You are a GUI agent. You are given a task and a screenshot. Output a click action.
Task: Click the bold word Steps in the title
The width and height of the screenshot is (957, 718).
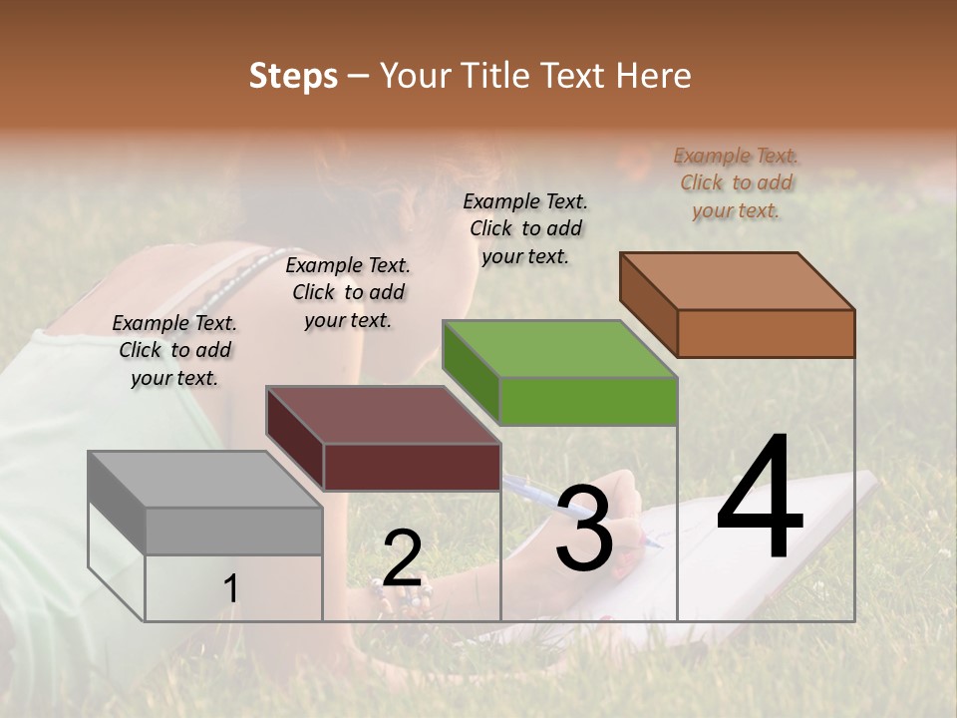(x=293, y=76)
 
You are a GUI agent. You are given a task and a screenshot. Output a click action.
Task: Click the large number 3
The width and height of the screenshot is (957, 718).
(x=584, y=529)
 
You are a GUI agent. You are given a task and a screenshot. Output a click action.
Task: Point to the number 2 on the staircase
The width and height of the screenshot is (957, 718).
(x=402, y=558)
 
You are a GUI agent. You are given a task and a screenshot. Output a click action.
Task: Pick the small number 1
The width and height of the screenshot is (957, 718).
(x=231, y=589)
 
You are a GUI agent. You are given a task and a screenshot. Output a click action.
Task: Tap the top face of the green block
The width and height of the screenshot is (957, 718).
(x=559, y=349)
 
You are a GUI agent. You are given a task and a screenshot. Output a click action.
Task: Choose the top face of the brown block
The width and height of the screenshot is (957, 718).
(x=737, y=280)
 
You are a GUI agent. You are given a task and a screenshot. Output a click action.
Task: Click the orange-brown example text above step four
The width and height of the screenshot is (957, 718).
(x=736, y=182)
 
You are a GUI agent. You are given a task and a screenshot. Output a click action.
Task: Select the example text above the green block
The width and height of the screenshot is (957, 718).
(x=525, y=228)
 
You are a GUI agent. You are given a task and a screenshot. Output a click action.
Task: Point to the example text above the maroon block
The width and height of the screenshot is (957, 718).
(x=348, y=292)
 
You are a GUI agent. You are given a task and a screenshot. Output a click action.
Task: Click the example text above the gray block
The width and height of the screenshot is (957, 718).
(x=174, y=350)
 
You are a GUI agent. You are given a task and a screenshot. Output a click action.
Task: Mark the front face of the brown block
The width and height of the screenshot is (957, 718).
(x=766, y=333)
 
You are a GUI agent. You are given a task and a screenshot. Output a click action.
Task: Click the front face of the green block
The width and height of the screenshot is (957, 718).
(x=588, y=401)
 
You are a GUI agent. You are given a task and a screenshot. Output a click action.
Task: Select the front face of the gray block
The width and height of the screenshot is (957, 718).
(x=233, y=531)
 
